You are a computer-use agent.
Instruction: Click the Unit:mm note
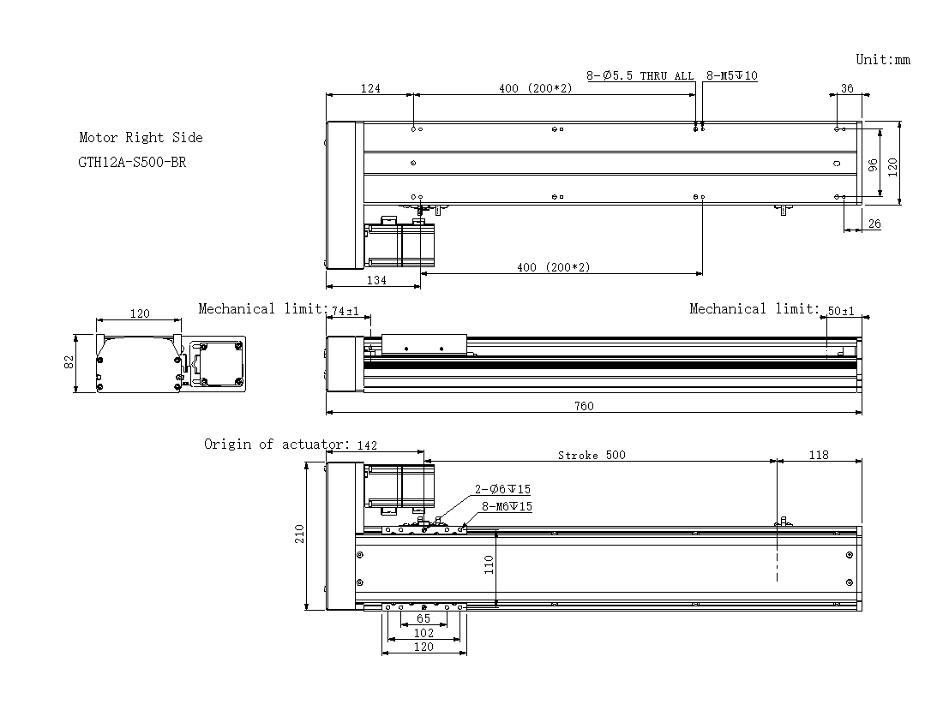coord(883,59)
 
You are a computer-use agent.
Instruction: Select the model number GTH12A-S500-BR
coord(132,162)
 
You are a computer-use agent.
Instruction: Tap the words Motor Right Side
coord(141,138)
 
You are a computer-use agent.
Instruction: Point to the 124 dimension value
coord(370,88)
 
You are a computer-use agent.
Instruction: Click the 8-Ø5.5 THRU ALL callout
coord(640,75)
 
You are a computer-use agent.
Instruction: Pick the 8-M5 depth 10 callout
coord(732,75)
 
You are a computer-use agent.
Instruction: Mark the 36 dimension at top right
coord(847,88)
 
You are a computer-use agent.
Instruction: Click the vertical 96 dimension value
coord(874,164)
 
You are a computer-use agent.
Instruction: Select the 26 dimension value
coord(874,224)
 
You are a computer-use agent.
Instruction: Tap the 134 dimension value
coord(376,280)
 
